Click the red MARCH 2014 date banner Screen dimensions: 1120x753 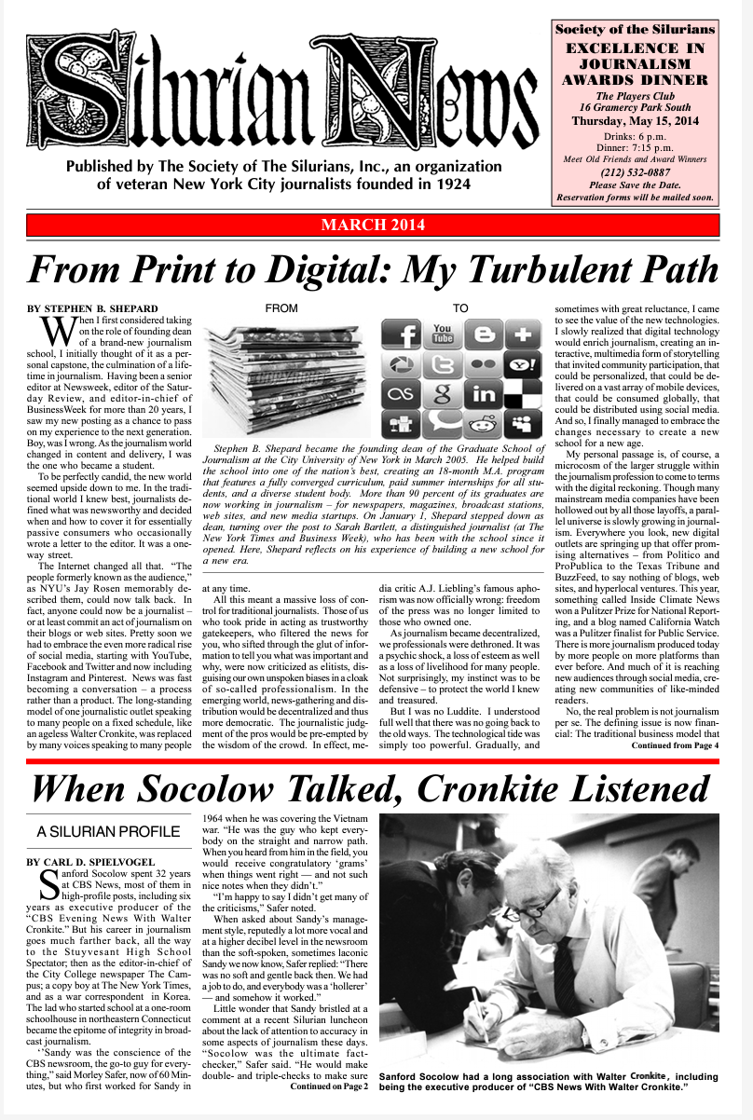[373, 225]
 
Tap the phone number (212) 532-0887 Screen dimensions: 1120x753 [635, 171]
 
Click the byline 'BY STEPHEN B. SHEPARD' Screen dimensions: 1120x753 [93, 307]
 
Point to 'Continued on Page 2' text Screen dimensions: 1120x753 [330, 1086]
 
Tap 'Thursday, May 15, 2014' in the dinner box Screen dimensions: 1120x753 [635, 121]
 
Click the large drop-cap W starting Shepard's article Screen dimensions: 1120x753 [58, 331]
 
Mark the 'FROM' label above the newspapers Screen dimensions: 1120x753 [281, 307]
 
